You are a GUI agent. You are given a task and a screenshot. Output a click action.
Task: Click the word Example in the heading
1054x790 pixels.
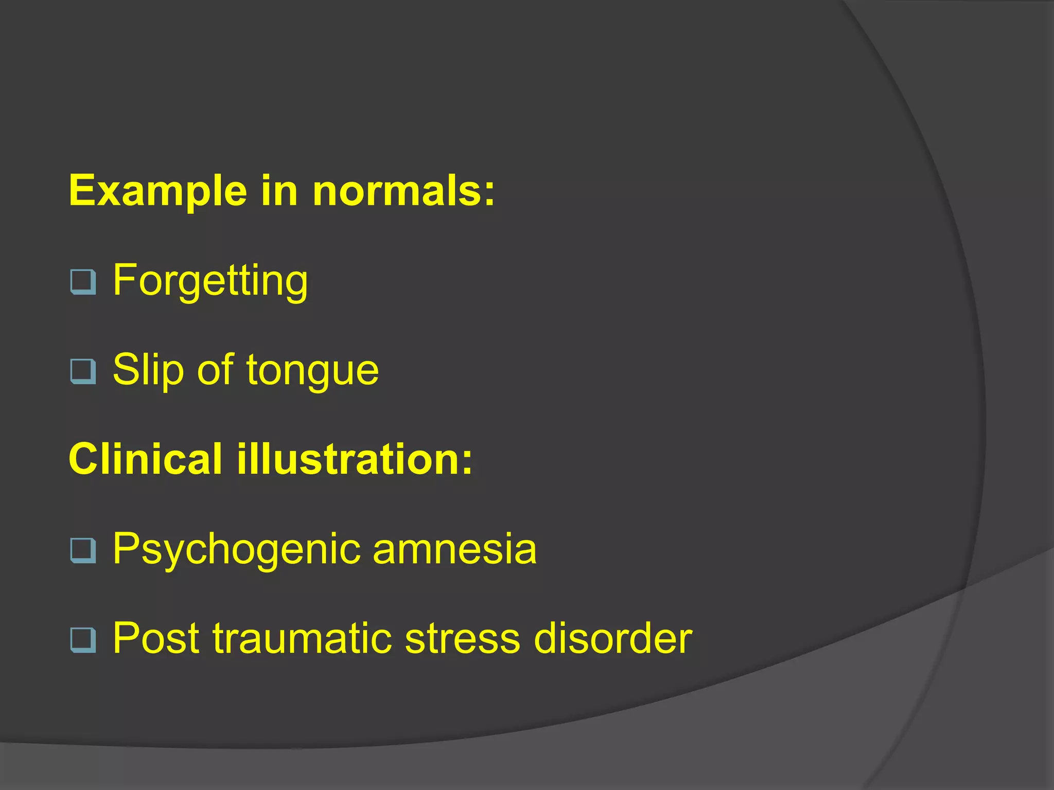(x=158, y=191)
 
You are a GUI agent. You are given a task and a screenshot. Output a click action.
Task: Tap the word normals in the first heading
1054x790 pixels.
(x=397, y=191)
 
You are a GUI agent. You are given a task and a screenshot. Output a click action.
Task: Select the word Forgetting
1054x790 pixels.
(x=210, y=281)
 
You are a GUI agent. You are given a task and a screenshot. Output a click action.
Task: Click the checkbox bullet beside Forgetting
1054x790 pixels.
(x=83, y=282)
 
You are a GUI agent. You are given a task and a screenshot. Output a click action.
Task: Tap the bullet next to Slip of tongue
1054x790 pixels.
(x=83, y=371)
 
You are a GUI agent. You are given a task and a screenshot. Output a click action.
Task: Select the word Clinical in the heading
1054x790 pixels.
(x=146, y=459)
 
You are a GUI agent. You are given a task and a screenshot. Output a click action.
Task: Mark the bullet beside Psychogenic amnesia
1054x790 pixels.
(x=83, y=550)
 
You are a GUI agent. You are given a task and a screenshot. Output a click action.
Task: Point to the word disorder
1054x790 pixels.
(x=613, y=638)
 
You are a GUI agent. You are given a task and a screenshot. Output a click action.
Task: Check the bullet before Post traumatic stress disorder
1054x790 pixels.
(x=83, y=640)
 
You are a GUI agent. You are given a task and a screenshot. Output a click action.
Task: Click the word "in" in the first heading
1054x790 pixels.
(x=279, y=191)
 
